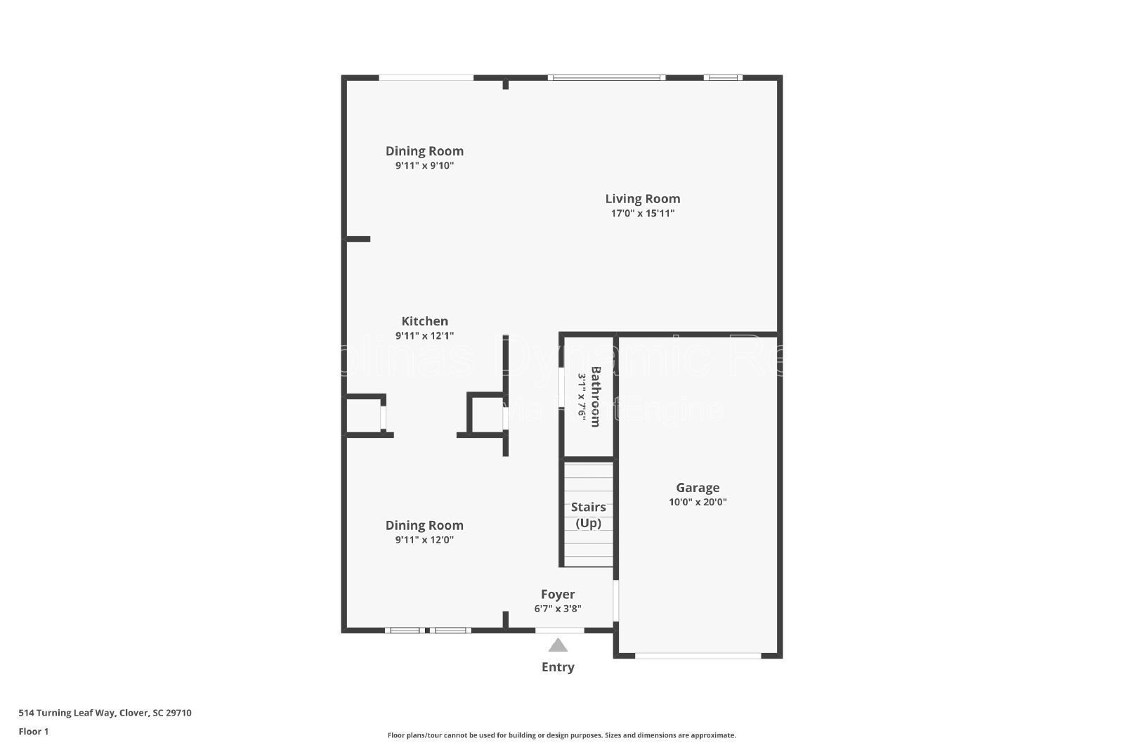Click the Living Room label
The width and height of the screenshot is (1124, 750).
pos(642,199)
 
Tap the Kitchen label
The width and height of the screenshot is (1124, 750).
pos(424,321)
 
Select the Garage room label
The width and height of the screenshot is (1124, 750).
pos(698,487)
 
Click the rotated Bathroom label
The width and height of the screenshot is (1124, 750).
pos(595,396)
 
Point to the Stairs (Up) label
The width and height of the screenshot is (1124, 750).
pos(588,515)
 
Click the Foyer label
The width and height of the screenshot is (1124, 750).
pos(558,595)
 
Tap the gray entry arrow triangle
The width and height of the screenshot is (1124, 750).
pos(558,645)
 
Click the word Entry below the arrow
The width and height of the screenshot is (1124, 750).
pos(558,667)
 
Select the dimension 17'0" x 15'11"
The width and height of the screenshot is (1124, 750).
pos(642,214)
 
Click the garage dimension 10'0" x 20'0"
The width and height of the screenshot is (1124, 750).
pos(698,503)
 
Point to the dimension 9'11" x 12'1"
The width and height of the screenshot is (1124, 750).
pos(424,336)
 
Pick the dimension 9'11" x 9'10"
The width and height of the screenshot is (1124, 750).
pos(424,166)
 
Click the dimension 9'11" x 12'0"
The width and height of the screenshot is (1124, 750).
pos(424,541)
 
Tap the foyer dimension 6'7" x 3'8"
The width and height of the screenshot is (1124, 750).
pos(558,609)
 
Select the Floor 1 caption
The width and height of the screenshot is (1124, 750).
pos(34,732)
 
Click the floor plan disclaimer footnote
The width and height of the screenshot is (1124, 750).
pos(561,735)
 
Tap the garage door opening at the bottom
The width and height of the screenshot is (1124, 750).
pos(698,656)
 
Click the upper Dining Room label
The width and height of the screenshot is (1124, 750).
pos(424,151)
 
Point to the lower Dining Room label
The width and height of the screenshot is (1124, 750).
pos(424,525)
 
